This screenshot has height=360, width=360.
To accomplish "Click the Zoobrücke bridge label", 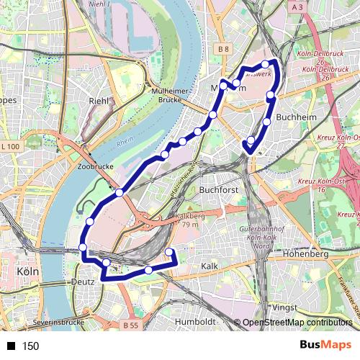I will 91,166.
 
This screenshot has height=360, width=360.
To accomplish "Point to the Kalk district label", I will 210,266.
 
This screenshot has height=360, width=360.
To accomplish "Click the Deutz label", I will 84,283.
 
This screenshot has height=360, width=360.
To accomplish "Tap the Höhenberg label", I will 306,254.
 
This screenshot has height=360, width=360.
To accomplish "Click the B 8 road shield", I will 223,49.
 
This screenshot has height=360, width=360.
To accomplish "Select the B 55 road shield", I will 130,325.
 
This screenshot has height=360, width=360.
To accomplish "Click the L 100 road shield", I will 11,146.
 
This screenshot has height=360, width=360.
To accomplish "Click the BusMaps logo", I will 325,346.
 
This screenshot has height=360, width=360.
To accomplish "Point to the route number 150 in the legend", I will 30,346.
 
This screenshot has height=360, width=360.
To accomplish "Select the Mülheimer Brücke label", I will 171,96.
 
